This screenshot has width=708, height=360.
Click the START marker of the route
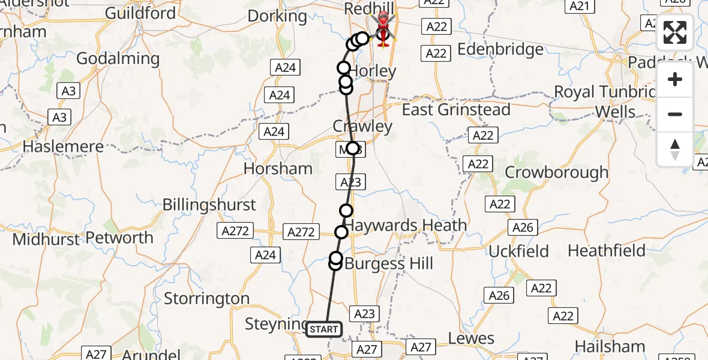coord(324,329)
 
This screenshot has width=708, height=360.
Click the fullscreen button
coord(675,32)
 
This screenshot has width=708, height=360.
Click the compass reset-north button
coord(675,149)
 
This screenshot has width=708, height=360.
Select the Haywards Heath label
coord(406,226)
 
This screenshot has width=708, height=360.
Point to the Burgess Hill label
coord(389,263)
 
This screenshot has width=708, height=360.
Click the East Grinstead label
coord(456,110)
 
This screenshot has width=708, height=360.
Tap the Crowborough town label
coord(556,172)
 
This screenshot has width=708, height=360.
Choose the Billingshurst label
coord(209,205)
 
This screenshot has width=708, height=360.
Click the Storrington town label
coord(206,298)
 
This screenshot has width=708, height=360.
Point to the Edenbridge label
coord(500,49)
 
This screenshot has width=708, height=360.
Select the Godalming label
coord(118,59)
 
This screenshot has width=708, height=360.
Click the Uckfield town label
coord(518,251)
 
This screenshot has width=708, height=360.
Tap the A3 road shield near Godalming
coord(68,91)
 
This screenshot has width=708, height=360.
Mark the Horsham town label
coord(278,169)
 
